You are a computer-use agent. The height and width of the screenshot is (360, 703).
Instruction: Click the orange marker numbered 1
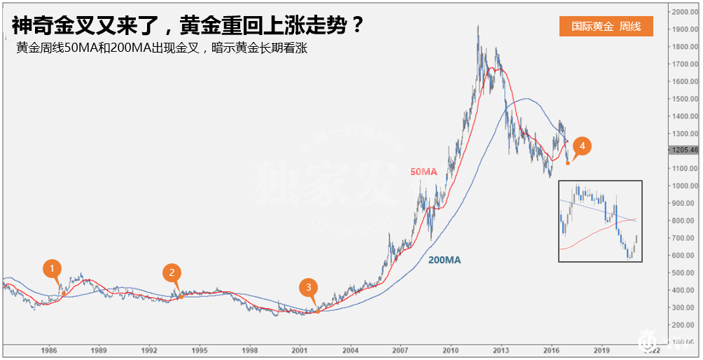coord(53,268)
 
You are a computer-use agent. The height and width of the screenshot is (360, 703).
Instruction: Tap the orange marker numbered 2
coord(172,273)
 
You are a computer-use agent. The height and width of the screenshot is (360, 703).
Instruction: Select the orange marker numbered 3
coord(308,287)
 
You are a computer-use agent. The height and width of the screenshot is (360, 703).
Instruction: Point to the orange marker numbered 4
coord(583,146)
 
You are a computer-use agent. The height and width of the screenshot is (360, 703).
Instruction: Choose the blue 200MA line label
coord(445,260)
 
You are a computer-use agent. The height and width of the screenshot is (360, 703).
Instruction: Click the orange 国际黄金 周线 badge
coord(606,26)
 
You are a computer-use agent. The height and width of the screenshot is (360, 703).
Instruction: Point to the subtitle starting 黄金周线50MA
coord(162,49)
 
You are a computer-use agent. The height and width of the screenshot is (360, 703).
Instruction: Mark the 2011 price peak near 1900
coord(478,27)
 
